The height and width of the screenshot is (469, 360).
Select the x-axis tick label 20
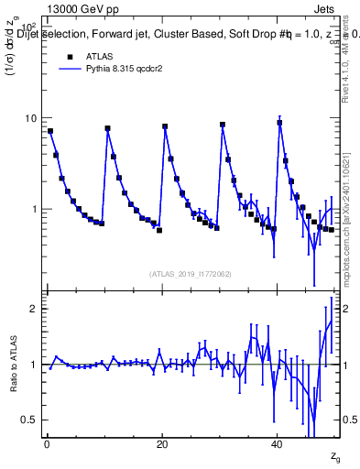pyautogui.click(x=162, y=443)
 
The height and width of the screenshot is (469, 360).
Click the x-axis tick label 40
pyautogui.click(x=278, y=443)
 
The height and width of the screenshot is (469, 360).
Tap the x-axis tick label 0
pyautogui.click(x=47, y=443)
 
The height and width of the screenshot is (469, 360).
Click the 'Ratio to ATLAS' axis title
pyautogui.click(x=13, y=364)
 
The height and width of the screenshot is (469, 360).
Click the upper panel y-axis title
pyautogui.click(x=13, y=55)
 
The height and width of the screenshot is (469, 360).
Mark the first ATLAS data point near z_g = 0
pyautogui.click(x=50, y=131)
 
